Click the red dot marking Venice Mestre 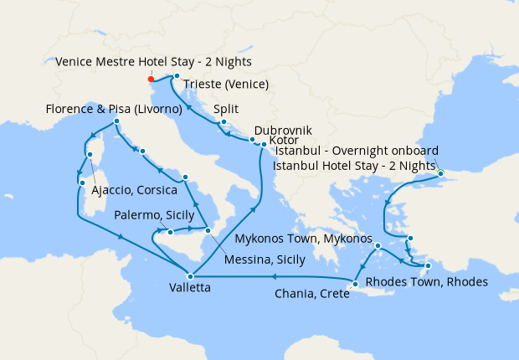coord(151,80)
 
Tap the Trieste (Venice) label coord(225,85)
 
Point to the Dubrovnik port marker coord(252,140)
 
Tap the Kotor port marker coord(264,145)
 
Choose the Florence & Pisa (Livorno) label coord(115,110)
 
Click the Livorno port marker coord(116,122)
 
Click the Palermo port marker coord(170,232)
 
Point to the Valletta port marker coord(190,275)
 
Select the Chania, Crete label coord(311,294)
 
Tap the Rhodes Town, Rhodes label coord(426,282)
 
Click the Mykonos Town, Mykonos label coord(303,239)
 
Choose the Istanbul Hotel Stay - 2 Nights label coord(356,166)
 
